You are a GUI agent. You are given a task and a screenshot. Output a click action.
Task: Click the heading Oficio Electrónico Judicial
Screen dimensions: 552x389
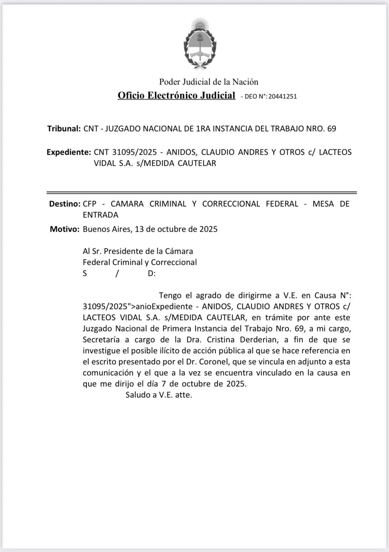point(176,96)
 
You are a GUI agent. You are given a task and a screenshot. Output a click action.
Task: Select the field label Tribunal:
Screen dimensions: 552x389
point(64,129)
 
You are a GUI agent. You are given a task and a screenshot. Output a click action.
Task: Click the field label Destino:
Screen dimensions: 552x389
point(64,204)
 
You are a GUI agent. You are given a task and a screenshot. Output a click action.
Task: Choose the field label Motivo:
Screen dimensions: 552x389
point(64,229)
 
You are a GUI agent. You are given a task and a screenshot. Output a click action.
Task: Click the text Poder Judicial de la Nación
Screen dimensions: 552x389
point(208,82)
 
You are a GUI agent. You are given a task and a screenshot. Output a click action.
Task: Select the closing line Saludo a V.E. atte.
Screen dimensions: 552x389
point(159,395)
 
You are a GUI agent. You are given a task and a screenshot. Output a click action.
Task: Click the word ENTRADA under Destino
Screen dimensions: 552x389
point(100,215)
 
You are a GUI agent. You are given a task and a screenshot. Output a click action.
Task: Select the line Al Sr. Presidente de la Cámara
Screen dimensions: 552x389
point(138,251)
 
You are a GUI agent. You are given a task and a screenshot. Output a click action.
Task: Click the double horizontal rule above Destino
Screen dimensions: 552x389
point(202,193)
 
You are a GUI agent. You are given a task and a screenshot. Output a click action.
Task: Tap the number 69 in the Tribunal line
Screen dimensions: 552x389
point(331,129)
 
